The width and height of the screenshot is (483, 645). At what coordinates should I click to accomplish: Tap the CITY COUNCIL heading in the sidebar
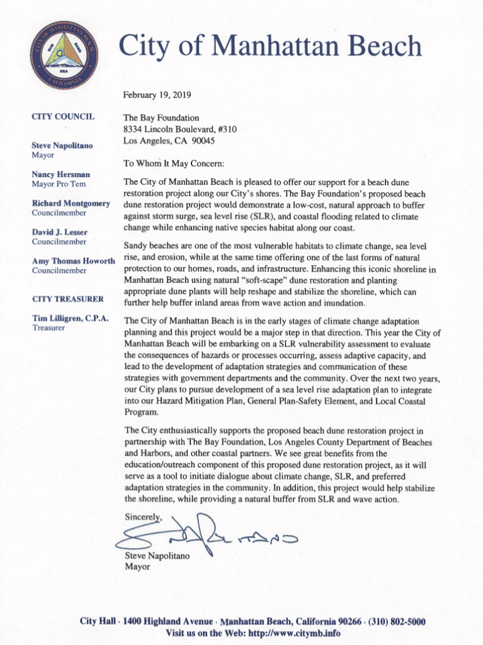tap(63, 117)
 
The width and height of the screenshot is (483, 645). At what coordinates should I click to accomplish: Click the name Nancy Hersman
tap(60, 174)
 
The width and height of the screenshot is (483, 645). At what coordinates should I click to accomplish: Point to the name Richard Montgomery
tap(71, 203)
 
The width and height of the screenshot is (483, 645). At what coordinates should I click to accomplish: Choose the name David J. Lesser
tap(59, 232)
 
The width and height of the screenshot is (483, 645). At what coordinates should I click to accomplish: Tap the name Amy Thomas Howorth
tap(73, 261)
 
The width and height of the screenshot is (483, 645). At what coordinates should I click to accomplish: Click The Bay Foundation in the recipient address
tap(161, 118)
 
